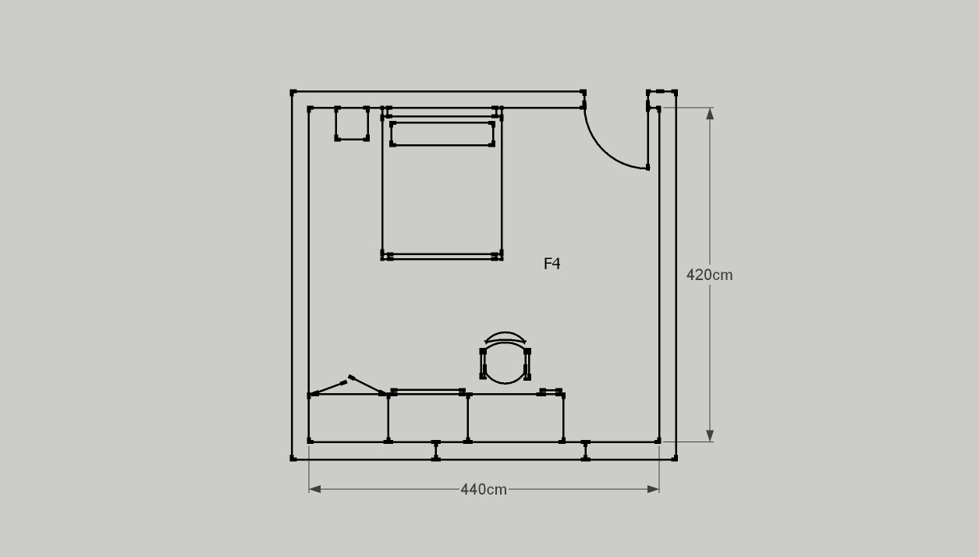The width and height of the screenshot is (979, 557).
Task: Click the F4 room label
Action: [x=552, y=264]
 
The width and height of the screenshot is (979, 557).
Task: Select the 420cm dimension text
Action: [x=709, y=275]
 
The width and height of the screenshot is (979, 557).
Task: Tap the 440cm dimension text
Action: [x=484, y=490]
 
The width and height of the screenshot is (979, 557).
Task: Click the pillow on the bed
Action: [x=442, y=133]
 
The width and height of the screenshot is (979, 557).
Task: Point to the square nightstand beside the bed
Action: [x=352, y=123]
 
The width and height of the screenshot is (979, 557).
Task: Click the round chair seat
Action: [x=505, y=364]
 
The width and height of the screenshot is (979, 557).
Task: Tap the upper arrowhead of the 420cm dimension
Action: [x=710, y=114]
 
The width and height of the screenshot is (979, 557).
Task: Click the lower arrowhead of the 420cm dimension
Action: [x=710, y=435]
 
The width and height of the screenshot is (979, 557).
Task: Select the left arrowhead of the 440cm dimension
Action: [x=314, y=489]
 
